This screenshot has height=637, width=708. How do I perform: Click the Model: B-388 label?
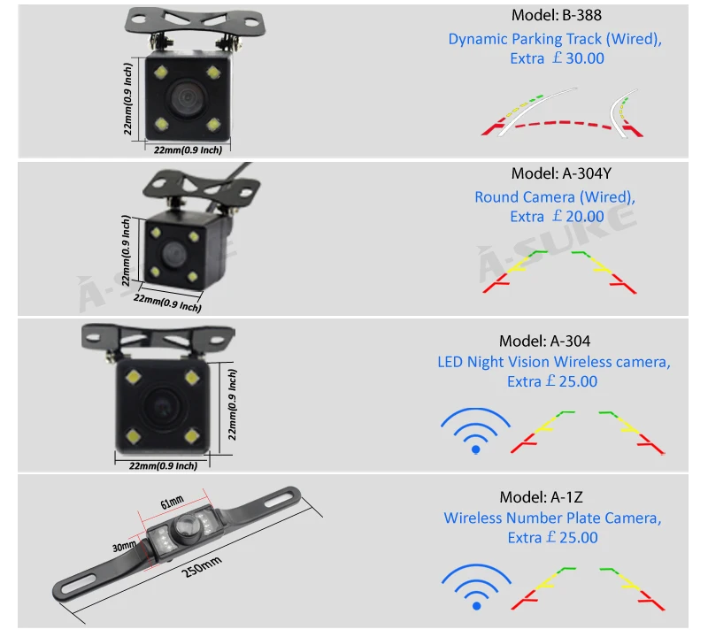(555, 15)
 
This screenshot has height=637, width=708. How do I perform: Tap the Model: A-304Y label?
(555, 173)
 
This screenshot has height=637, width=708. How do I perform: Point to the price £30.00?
(577, 59)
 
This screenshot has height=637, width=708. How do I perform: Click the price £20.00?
(577, 217)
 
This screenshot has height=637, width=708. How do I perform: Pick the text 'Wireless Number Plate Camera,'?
(553, 518)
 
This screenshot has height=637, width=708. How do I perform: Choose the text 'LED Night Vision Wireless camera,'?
(554, 362)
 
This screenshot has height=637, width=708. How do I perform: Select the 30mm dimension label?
(125, 546)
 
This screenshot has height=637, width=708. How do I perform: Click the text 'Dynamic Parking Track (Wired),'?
(555, 39)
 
